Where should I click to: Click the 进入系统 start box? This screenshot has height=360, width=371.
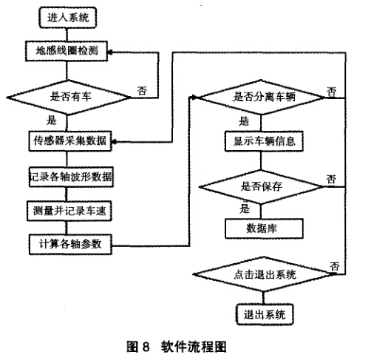[67, 18]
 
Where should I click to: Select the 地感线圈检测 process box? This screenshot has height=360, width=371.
[67, 51]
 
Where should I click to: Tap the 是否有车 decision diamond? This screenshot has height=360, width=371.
[69, 98]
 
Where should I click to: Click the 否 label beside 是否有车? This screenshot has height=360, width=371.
[142, 91]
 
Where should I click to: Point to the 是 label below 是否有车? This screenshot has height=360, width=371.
[52, 120]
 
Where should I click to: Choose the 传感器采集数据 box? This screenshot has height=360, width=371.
[70, 141]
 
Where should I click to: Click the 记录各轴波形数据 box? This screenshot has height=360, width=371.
[71, 177]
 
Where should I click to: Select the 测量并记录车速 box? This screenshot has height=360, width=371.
[69, 211]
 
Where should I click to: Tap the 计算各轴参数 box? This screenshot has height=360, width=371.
[70, 245]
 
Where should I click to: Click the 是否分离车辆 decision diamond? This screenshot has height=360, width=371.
[261, 98]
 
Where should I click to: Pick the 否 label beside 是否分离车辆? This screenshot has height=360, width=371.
[332, 92]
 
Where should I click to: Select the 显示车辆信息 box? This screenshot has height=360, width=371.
[264, 141]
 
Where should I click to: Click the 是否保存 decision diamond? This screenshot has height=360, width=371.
[261, 187]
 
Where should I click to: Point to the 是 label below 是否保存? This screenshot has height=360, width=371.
[245, 208]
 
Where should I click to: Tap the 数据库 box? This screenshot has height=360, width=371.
[264, 228]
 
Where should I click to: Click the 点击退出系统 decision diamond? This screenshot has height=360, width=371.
[264, 274]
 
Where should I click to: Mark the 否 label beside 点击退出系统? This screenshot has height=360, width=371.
[335, 267]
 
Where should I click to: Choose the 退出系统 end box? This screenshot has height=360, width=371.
[265, 315]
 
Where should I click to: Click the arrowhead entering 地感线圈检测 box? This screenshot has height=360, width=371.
[110, 52]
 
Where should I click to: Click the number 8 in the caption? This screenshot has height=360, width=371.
[146, 347]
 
